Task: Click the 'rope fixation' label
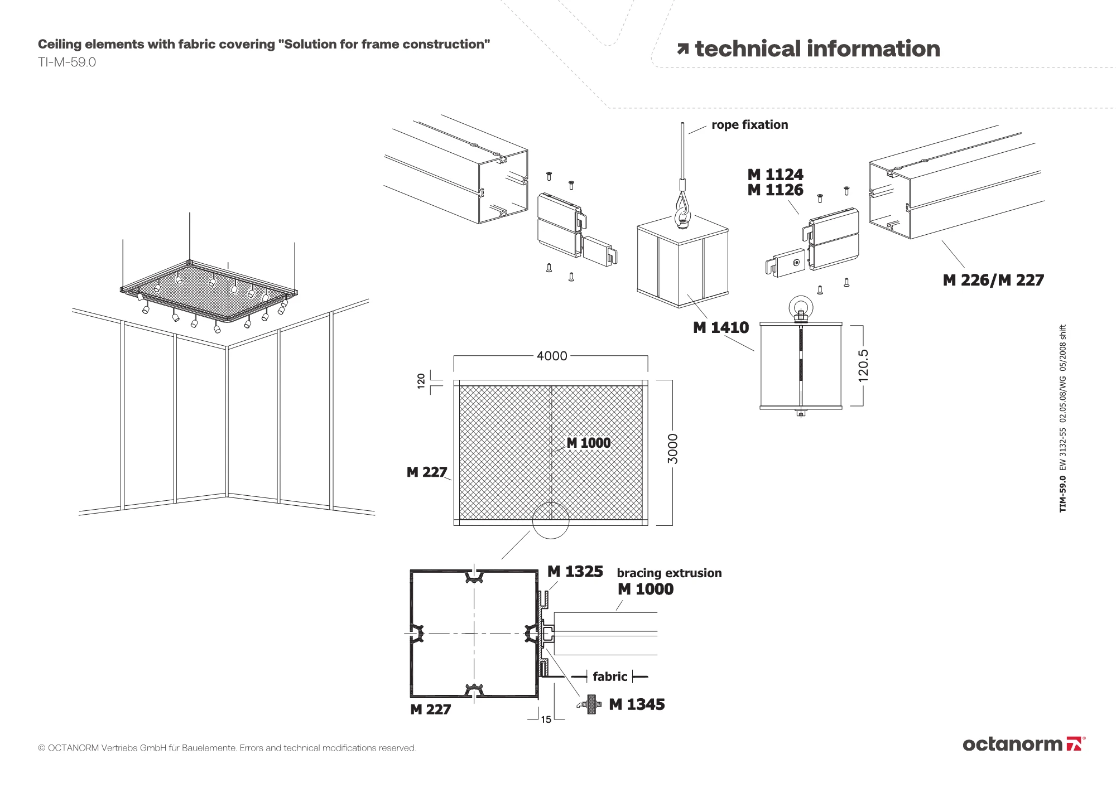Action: [x=749, y=125]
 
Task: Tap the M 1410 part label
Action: [x=720, y=327]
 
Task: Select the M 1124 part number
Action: [x=775, y=175]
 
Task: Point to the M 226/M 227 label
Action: [x=993, y=280]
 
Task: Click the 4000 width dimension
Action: [x=551, y=356]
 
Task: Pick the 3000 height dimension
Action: [x=673, y=448]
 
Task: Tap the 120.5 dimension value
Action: [x=863, y=365]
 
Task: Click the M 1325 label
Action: [x=575, y=572]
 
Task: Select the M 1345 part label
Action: [x=637, y=704]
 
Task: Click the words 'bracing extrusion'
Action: [x=669, y=573]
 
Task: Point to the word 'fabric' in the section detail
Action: [x=610, y=676]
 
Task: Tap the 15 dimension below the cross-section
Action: [x=546, y=719]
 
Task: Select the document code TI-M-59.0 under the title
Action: [x=67, y=62]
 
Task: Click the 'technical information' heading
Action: [x=817, y=49]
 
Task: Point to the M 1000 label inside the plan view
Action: [x=589, y=443]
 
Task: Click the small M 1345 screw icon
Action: [x=590, y=704]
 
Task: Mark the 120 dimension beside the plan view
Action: [x=421, y=380]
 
